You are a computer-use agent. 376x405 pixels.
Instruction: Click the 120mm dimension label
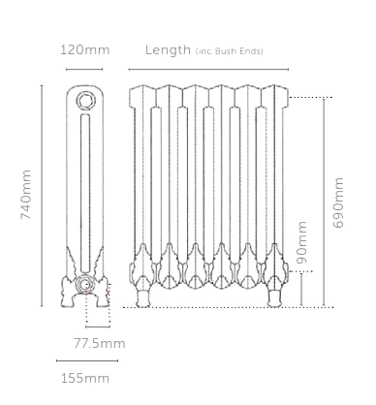85,49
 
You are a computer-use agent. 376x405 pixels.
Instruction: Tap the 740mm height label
26,195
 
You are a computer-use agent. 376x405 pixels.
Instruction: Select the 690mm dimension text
338,202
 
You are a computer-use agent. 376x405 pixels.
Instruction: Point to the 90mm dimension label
302,242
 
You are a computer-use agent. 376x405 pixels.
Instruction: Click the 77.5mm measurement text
100,343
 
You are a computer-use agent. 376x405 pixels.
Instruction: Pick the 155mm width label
85,378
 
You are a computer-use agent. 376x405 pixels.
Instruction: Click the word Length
168,50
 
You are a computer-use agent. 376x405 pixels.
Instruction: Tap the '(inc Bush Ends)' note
230,51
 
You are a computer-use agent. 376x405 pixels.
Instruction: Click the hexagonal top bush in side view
85,100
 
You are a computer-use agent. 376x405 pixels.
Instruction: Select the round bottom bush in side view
84,285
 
